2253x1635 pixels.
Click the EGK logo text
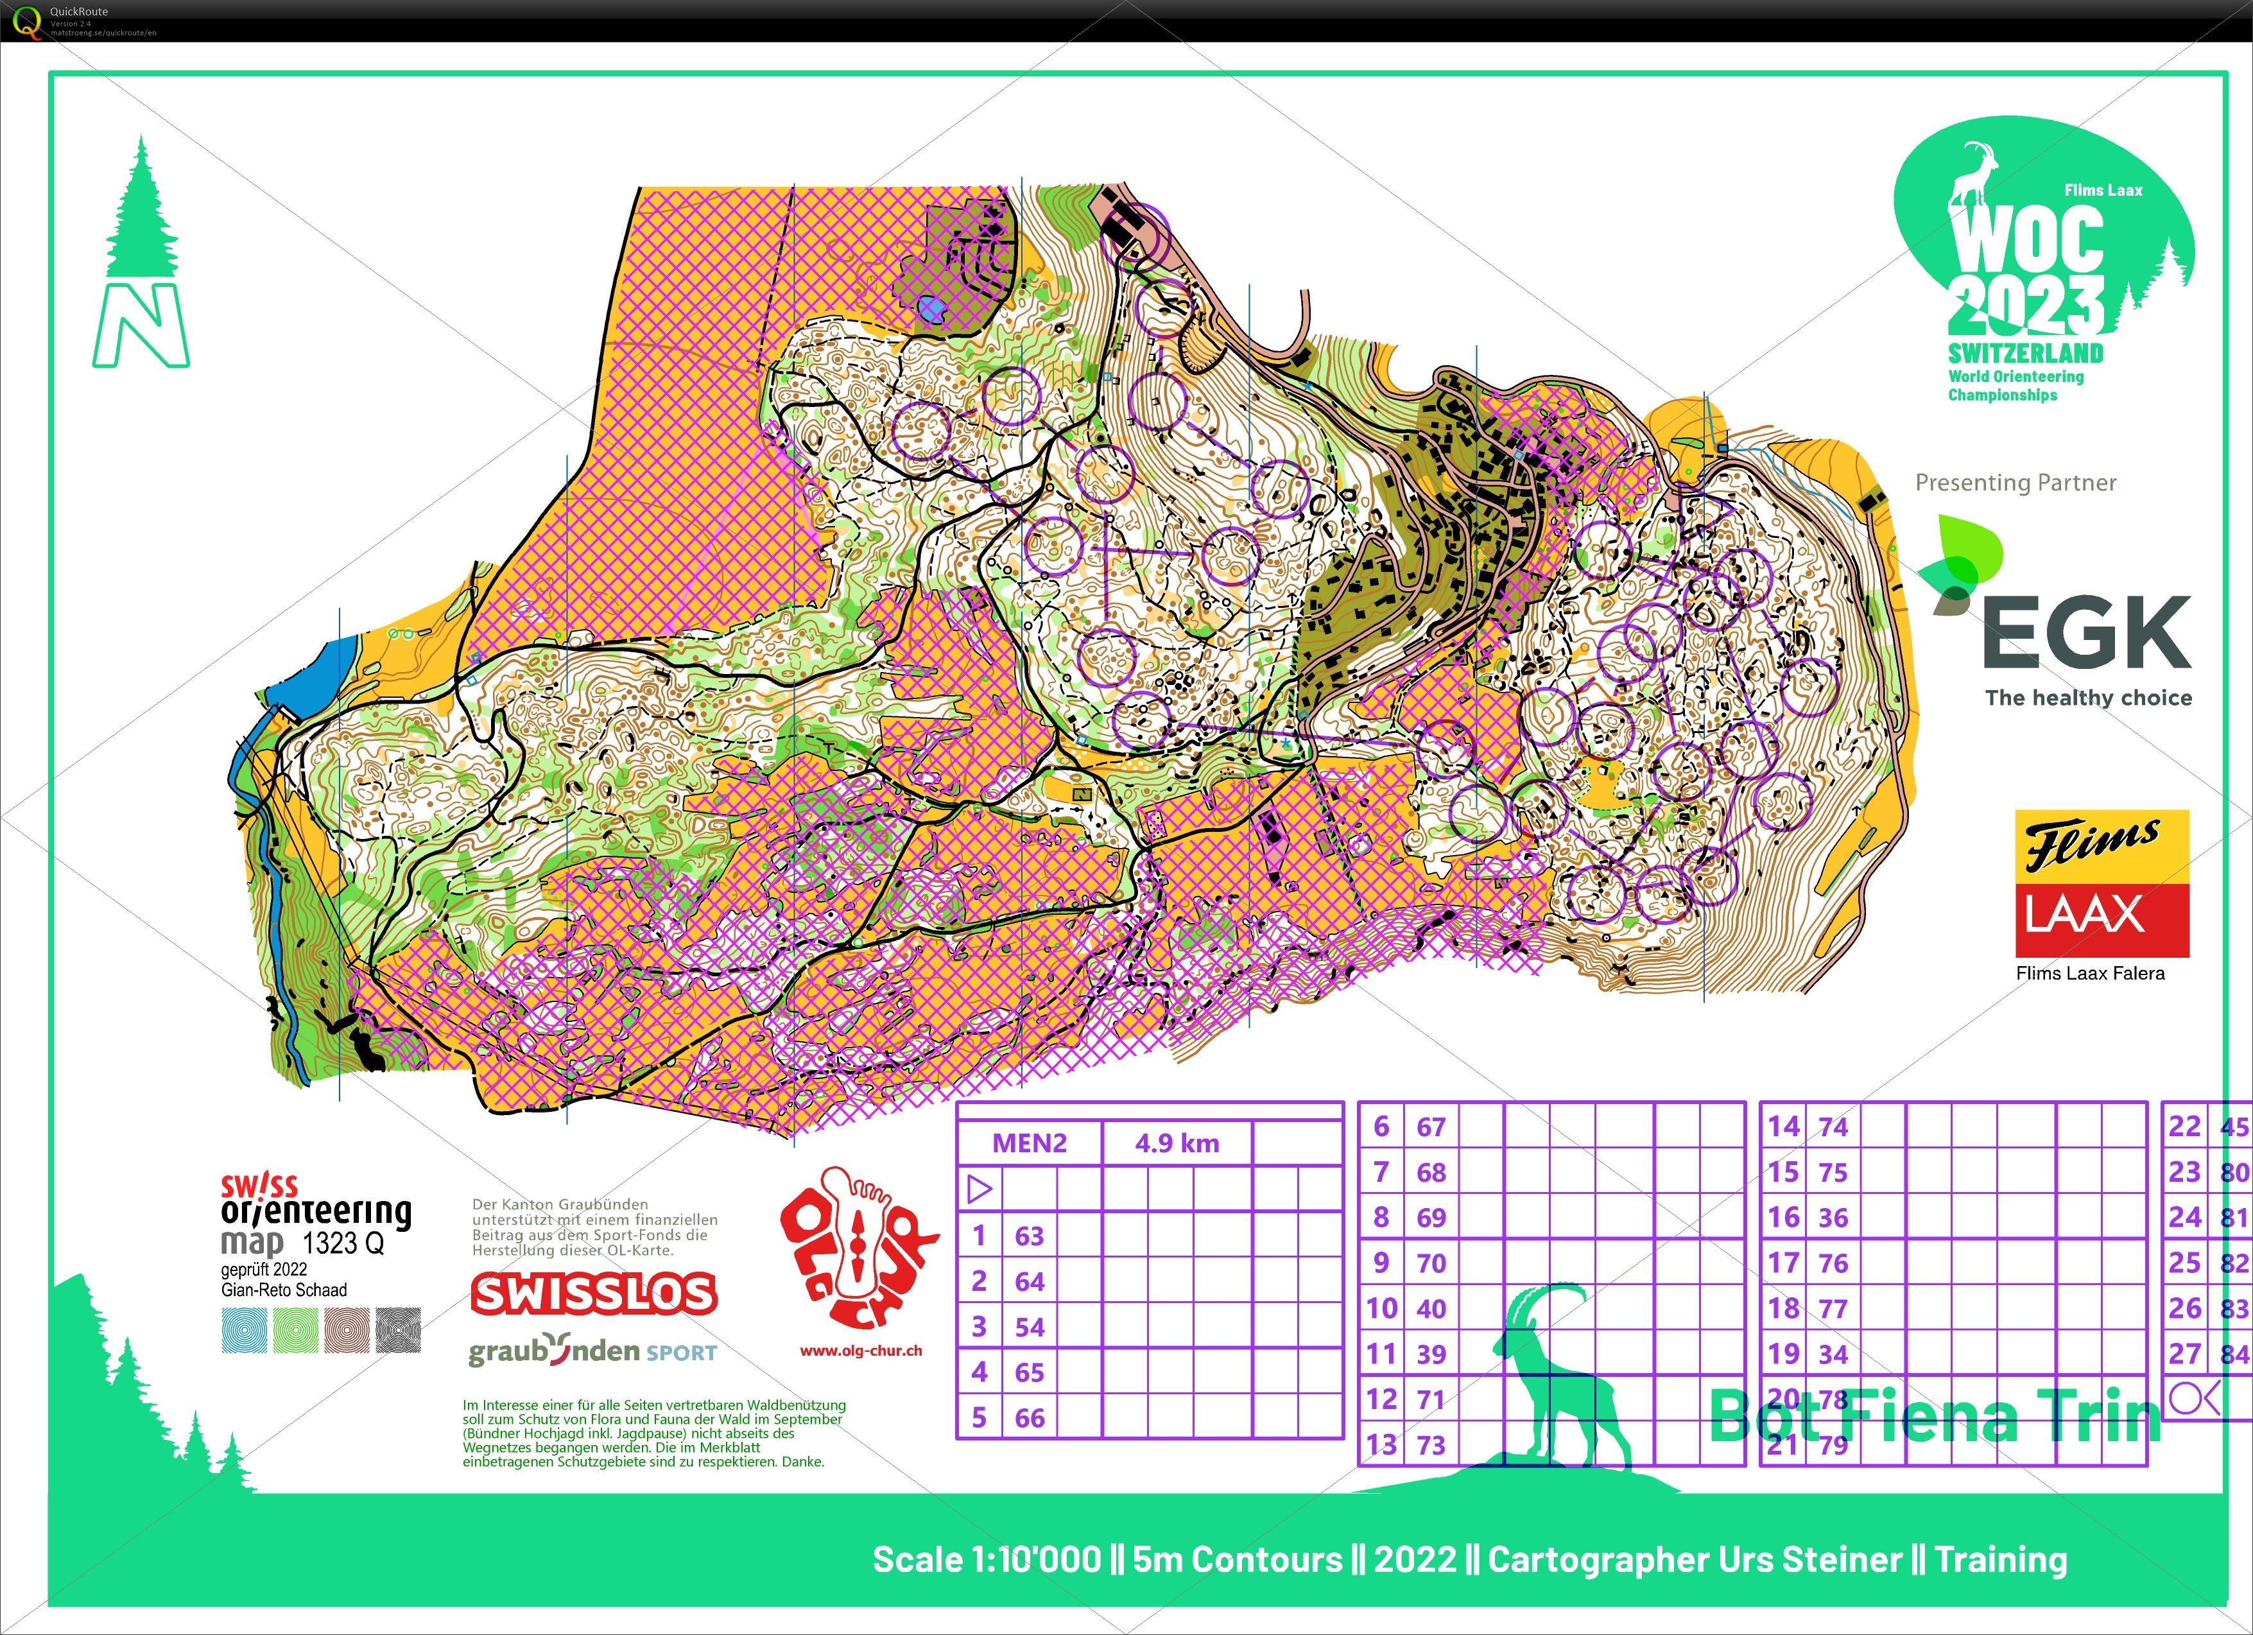[x=2086, y=633]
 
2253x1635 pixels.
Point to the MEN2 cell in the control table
[x=1029, y=1143]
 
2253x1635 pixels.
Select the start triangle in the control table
[x=980, y=1189]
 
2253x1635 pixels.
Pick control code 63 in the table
[x=1029, y=1236]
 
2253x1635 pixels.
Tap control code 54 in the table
[x=1029, y=1327]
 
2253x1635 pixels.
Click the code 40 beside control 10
[x=1431, y=1309]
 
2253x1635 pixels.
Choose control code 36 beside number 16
[x=1833, y=1218]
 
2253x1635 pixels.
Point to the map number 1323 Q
[x=343, y=1243]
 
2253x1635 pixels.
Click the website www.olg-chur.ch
[x=860, y=1351]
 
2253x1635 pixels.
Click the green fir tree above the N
[x=141, y=211]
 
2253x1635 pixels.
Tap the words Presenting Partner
[x=2016, y=483]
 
